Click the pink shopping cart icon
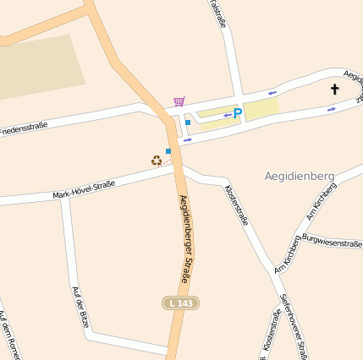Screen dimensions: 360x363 click(179, 101)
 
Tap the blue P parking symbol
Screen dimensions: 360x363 click(238, 113)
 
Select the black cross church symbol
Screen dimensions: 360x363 click(334, 89)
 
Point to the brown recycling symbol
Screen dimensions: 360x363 click(157, 160)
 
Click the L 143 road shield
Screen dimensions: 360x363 click(180, 303)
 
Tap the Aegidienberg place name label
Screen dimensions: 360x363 click(300, 177)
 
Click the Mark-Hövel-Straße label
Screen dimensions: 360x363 click(83, 189)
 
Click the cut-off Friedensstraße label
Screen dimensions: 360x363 click(23, 128)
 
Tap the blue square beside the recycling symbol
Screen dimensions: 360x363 click(168, 151)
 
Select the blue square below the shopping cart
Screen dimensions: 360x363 click(187, 123)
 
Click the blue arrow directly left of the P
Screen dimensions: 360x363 click(227, 115)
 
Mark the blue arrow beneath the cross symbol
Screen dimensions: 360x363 click(331, 108)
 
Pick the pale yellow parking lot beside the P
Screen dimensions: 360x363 click(261, 107)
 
